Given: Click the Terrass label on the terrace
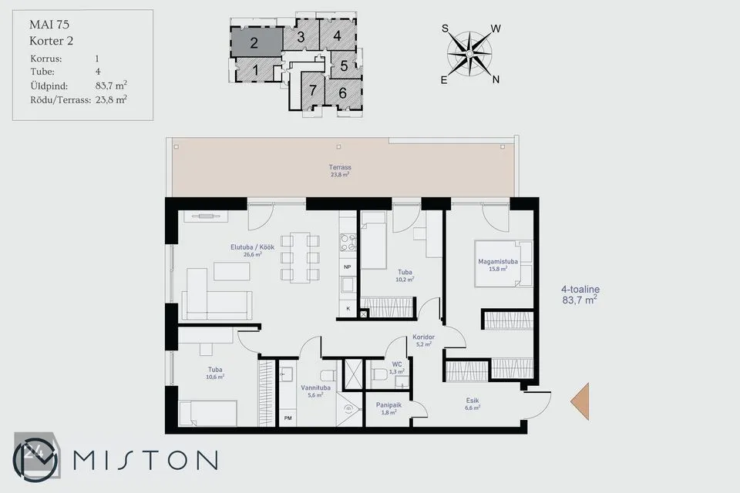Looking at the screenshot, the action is tap(340, 167).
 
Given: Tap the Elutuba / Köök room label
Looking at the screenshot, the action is tap(253, 247).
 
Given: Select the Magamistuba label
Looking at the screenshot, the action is tap(498, 261).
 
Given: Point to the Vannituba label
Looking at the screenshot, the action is tap(316, 387).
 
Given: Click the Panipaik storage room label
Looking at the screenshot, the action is tap(388, 404).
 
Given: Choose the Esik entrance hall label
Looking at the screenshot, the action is tap(473, 401).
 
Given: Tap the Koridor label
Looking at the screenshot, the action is tap(423, 337).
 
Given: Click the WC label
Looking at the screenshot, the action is tap(397, 364).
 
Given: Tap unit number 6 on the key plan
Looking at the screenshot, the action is tap(342, 93).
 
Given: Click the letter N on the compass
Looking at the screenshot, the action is tap(496, 79).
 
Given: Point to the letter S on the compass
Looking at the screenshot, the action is tap(445, 29).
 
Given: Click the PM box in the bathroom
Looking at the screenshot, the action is tap(288, 418).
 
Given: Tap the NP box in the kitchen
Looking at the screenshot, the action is tap(348, 267).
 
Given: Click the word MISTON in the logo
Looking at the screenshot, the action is tap(146, 460).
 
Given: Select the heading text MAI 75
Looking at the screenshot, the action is tap(49, 25).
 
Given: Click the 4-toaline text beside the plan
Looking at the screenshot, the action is tap(580, 289).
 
